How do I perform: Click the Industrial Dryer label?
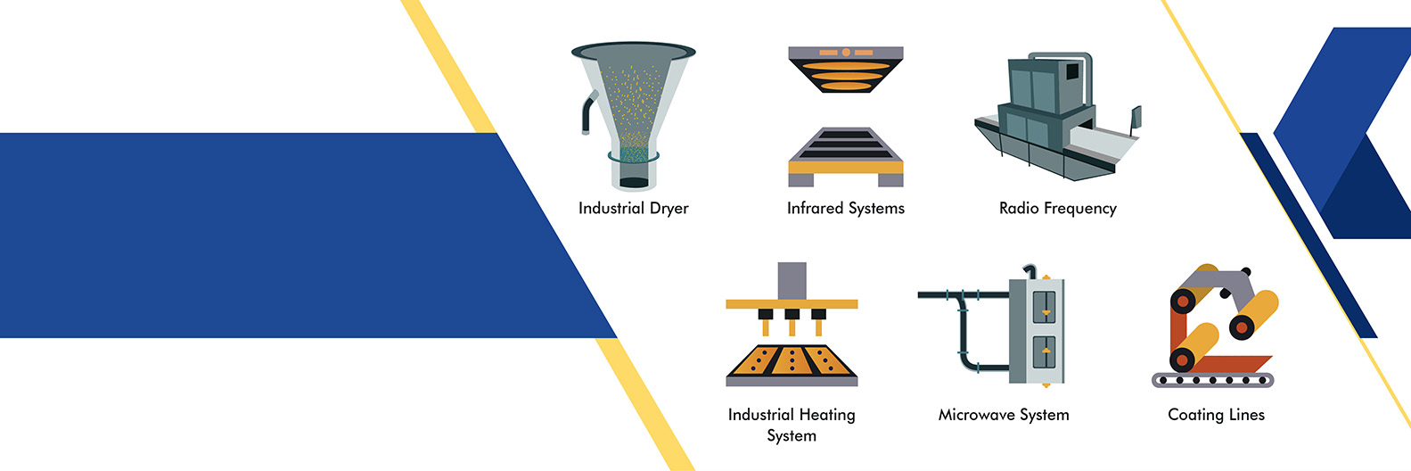click(633, 209)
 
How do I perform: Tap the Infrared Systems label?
click(845, 209)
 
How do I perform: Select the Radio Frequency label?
click(1057, 209)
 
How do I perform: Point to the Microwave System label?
click(1004, 415)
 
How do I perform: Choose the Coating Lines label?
click(1216, 415)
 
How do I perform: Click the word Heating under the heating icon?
click(825, 415)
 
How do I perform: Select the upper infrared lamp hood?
click(845, 68)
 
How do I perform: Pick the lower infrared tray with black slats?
click(845, 152)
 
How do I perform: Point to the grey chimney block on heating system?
click(792, 280)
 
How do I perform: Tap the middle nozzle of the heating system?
click(792, 318)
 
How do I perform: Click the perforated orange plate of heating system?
click(792, 361)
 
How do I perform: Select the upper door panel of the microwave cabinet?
click(1044, 307)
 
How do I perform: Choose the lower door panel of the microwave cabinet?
click(1044, 352)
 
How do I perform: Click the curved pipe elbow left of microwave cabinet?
click(963, 308)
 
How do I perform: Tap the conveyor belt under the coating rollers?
click(1212, 380)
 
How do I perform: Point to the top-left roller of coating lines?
click(1184, 301)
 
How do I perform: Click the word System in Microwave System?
click(1044, 415)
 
